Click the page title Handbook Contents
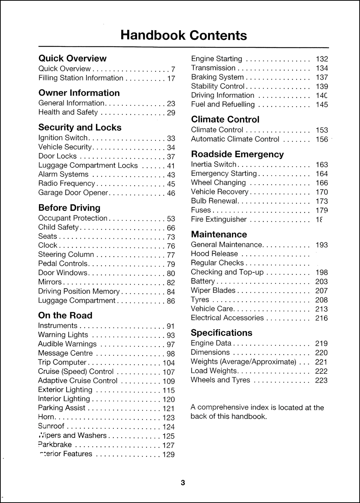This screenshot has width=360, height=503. click(184, 35)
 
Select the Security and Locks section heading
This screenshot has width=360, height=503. click(80, 127)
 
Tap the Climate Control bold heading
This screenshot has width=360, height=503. click(225, 120)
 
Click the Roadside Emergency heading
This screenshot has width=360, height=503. click(237, 154)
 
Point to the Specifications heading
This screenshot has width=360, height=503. click(221, 333)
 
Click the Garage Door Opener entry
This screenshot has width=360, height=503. click(73, 193)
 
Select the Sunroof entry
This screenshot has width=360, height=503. click(51, 426)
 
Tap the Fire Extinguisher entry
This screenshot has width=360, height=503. click(219, 219)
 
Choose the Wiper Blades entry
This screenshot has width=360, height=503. click(213, 291)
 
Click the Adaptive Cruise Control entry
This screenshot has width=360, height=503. click(78, 381)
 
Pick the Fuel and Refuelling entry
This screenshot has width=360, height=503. click(222, 104)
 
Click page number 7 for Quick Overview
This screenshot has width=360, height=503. click(173, 69)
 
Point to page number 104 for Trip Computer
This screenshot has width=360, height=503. click(168, 363)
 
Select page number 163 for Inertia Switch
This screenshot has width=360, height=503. click(321, 165)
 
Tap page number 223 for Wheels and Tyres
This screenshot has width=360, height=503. click(321, 380)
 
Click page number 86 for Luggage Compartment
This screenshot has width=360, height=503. click(171, 301)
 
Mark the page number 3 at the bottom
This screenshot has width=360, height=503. click(183, 483)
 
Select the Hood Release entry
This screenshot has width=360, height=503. click(214, 254)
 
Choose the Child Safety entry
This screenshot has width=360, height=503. click(58, 227)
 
